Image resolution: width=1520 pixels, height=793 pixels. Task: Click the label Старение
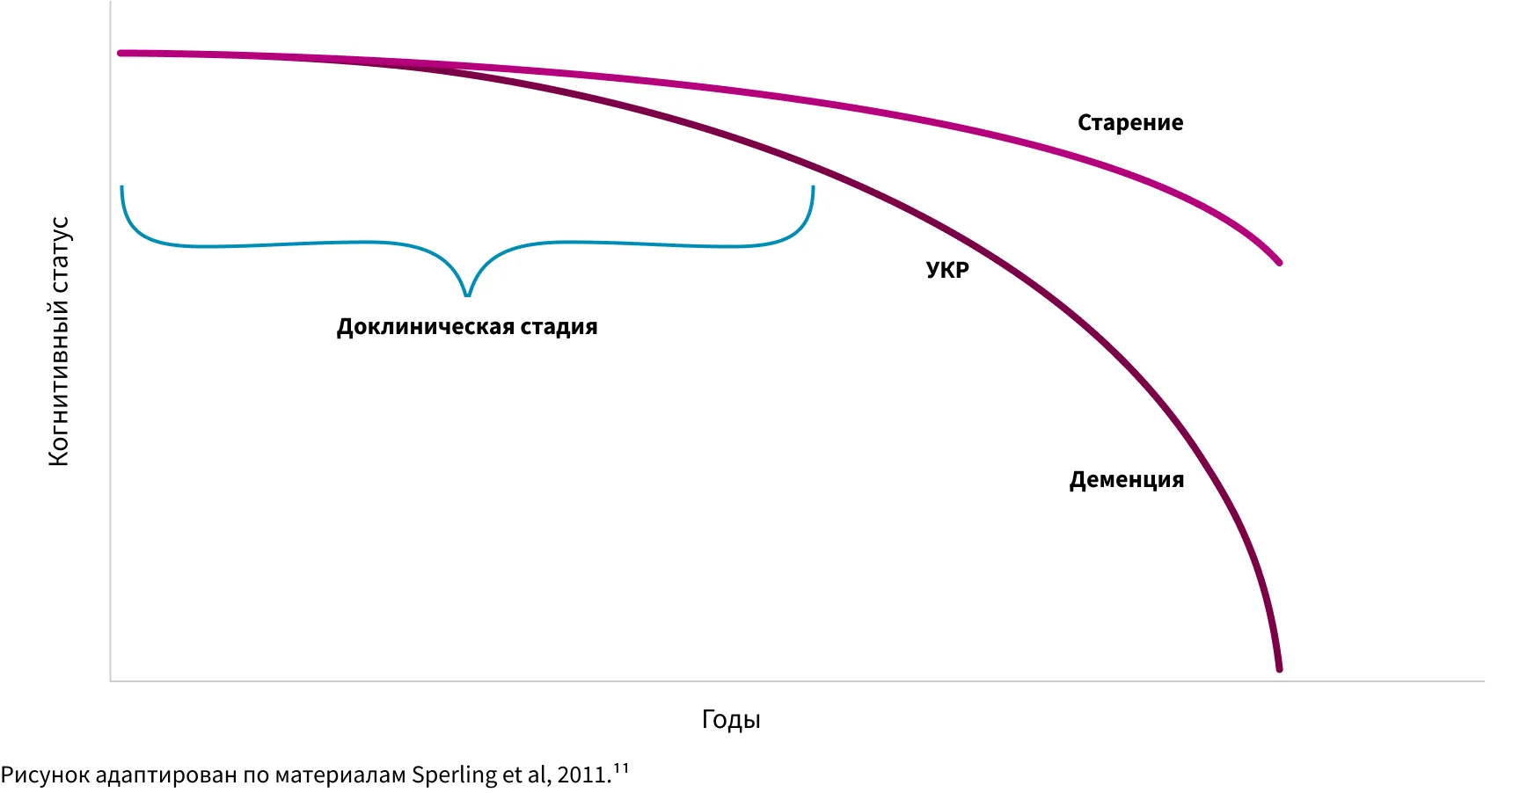[x=1130, y=123]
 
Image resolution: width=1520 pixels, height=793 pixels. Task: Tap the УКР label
[x=947, y=270]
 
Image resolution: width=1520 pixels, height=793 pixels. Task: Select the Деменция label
[x=1126, y=480]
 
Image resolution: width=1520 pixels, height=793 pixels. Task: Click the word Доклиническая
[x=425, y=327]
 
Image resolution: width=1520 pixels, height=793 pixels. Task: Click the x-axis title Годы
[x=730, y=719]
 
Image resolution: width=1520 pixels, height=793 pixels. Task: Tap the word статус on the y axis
[x=58, y=254]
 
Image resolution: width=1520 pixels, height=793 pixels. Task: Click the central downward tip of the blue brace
[x=467, y=295]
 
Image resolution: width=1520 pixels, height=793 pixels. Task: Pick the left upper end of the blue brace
[x=122, y=188]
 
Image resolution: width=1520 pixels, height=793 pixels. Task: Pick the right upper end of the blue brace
[x=813, y=188]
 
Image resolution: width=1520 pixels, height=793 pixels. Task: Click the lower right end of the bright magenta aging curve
[x=1279, y=262]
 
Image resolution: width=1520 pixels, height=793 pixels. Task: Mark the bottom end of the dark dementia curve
[x=1279, y=669]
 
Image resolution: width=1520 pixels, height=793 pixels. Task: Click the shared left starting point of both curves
[x=121, y=54]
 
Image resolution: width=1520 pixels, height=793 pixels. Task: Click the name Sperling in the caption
[x=454, y=775]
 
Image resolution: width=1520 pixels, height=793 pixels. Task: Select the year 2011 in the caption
[x=581, y=775]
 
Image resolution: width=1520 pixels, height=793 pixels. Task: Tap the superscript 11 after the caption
[x=621, y=769]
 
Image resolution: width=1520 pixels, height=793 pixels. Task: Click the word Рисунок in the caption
[x=45, y=775]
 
